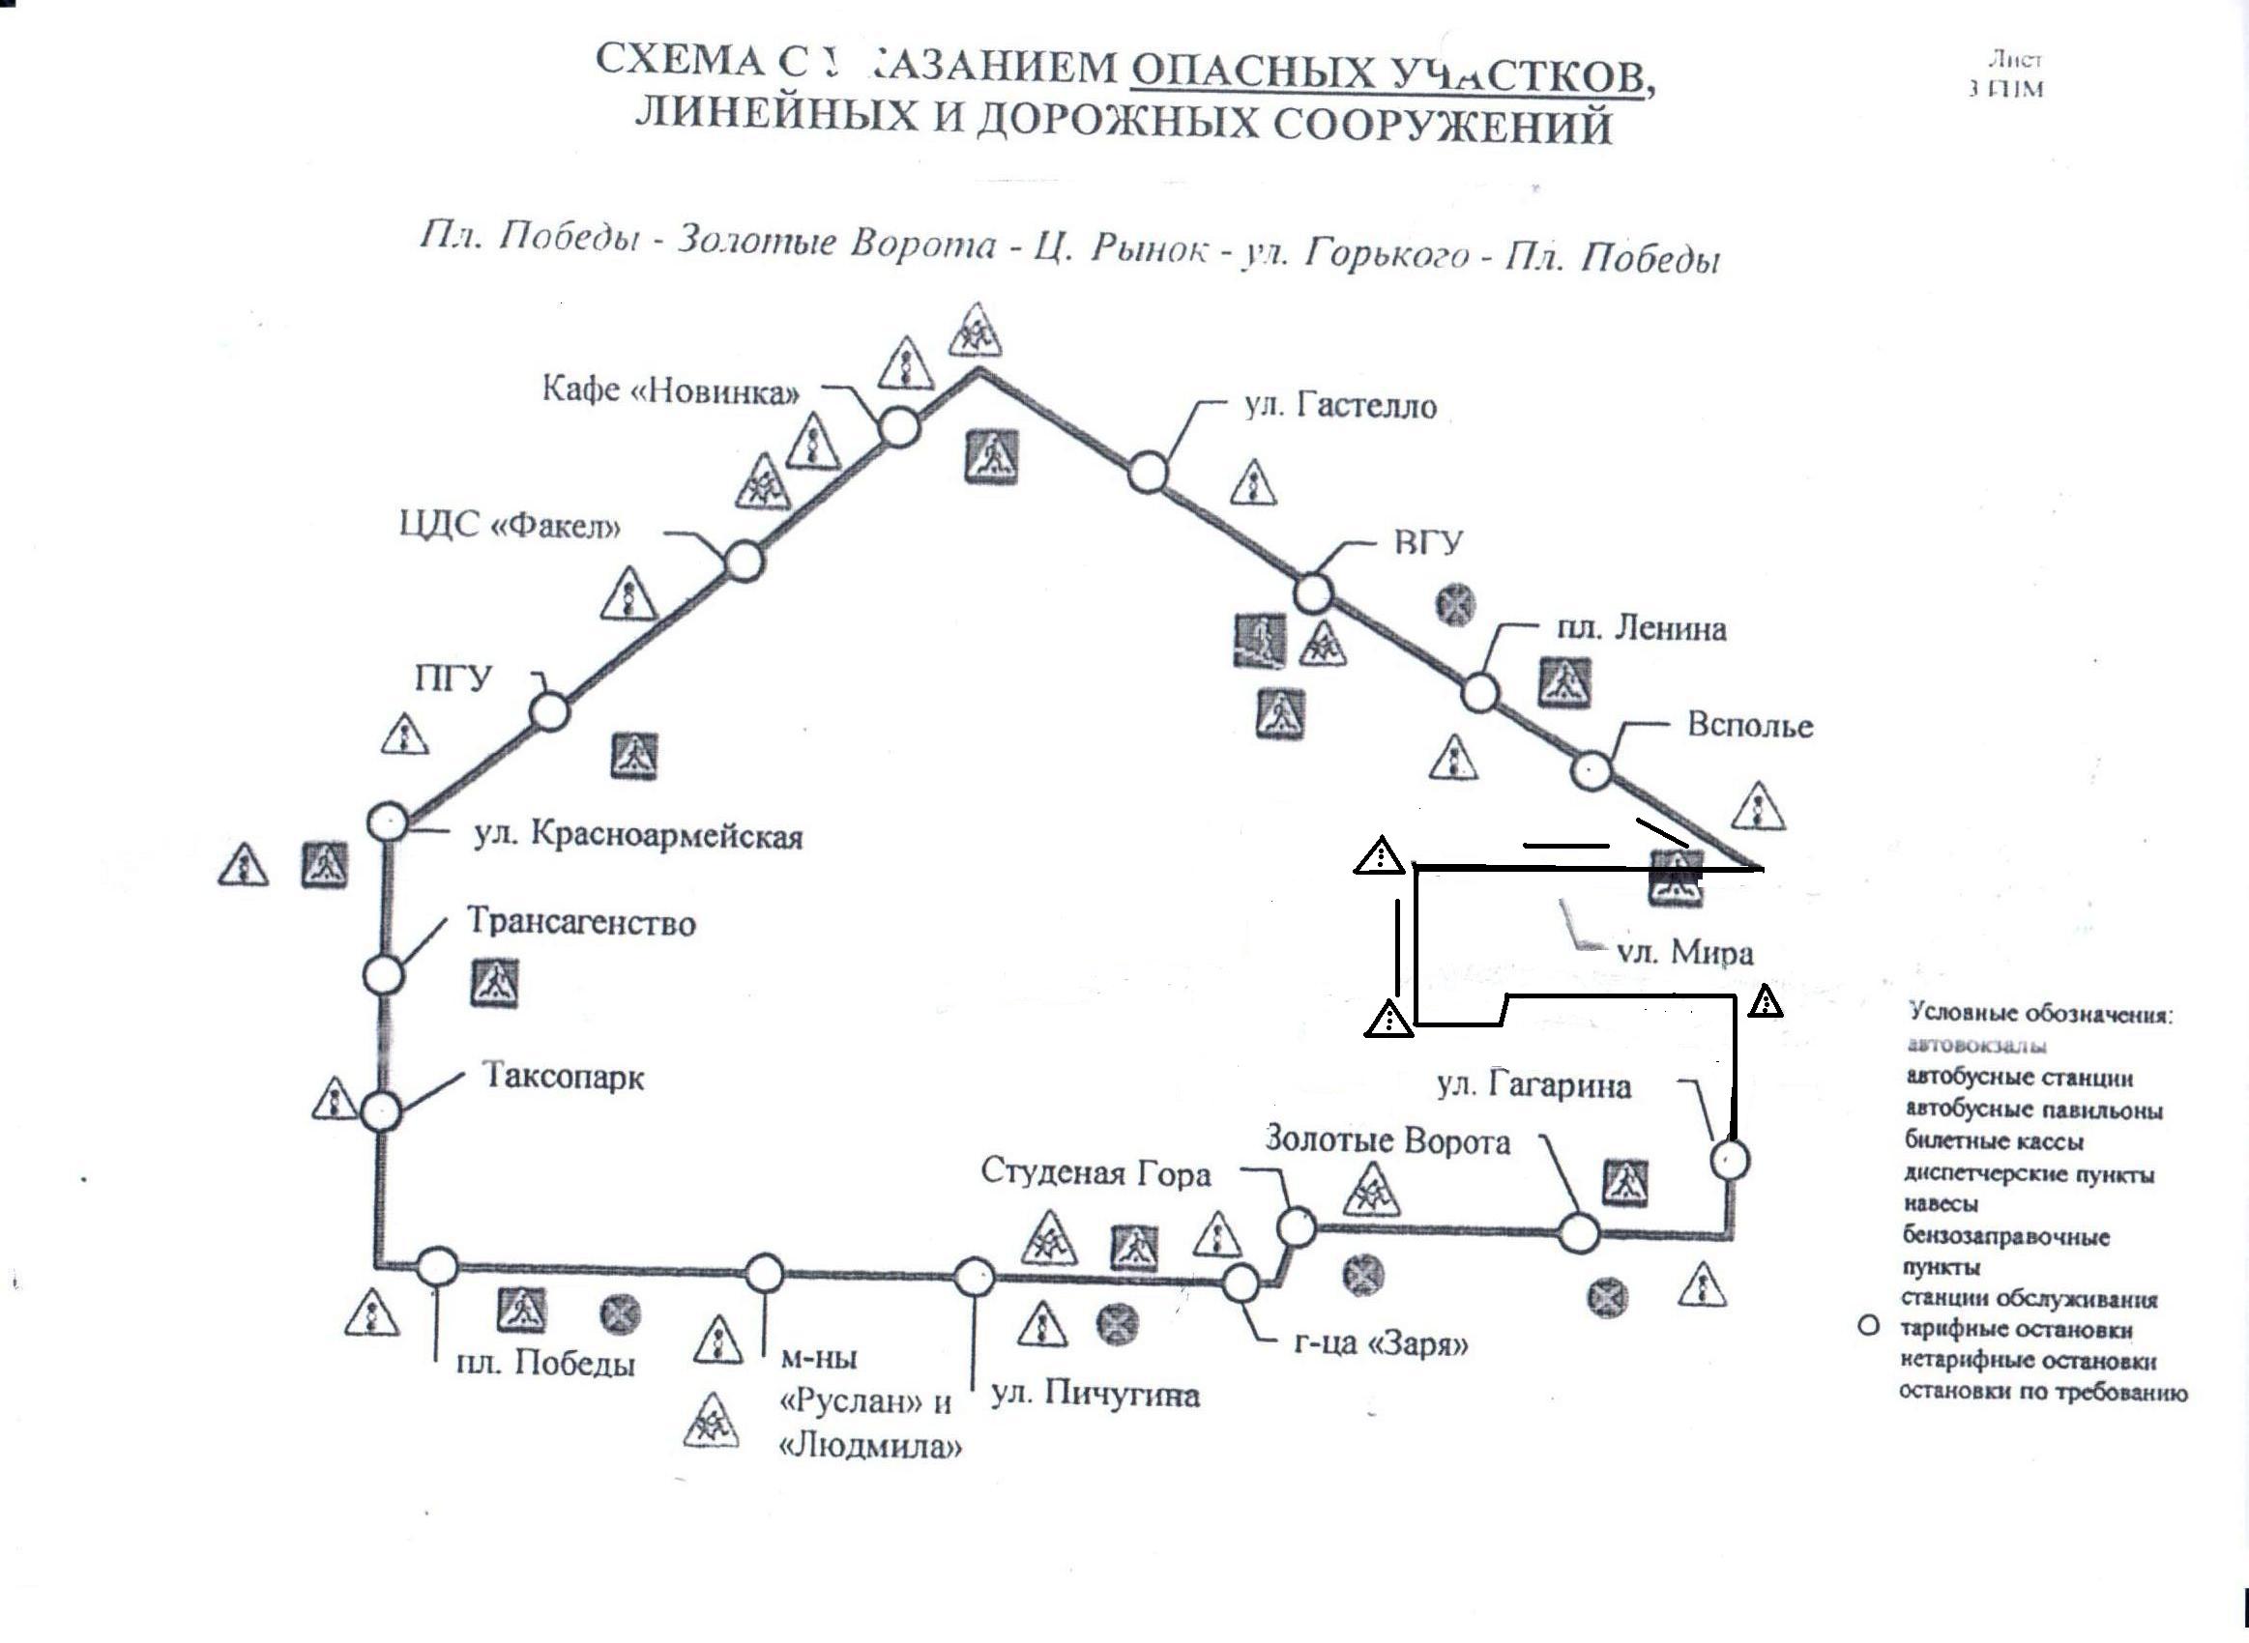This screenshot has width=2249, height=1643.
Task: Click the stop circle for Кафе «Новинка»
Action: (899, 426)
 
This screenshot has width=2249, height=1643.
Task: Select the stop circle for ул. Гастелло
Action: (1147, 473)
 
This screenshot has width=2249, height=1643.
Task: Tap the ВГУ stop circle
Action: (1313, 593)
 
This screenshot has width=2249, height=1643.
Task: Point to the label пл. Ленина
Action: (1641, 628)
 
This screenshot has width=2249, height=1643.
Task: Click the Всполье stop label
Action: (1750, 725)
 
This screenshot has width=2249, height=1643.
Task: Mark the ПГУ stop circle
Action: (550, 712)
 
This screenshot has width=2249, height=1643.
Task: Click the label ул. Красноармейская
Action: (637, 835)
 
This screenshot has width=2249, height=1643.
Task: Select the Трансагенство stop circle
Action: (383, 976)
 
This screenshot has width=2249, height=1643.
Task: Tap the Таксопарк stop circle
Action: (381, 1110)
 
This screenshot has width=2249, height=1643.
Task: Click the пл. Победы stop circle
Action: (437, 1266)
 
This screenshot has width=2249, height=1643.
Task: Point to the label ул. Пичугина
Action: (1095, 1395)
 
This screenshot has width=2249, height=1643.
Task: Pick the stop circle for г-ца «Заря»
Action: (1241, 1283)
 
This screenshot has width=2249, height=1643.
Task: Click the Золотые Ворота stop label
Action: (1387, 1140)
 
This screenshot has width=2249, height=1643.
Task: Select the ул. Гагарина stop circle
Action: (1730, 1160)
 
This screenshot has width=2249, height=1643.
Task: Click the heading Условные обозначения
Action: (2040, 1015)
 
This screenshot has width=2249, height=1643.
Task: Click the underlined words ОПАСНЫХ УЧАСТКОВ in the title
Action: (1388, 72)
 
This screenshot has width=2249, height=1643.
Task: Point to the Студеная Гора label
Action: (1095, 1173)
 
